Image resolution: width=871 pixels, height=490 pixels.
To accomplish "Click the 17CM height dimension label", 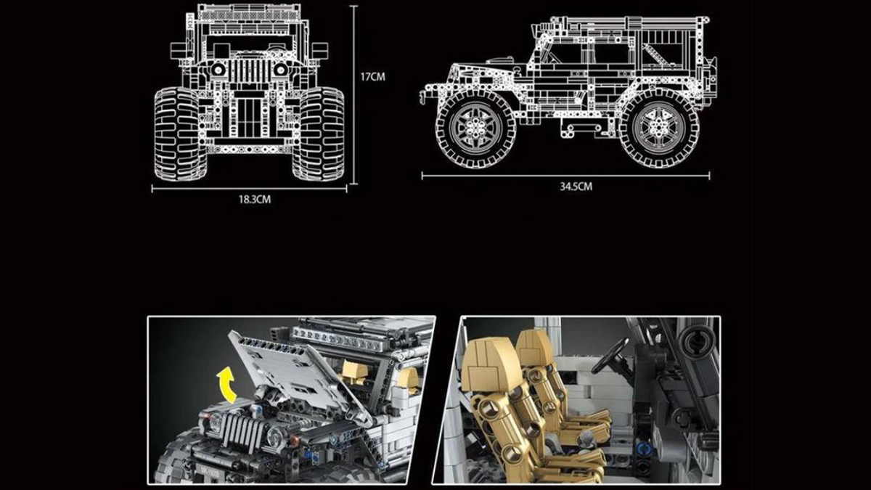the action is click(x=372, y=77).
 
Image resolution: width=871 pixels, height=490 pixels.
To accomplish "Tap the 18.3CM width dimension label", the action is click(x=255, y=200).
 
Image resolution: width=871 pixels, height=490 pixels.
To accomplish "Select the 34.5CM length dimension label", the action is click(x=576, y=187).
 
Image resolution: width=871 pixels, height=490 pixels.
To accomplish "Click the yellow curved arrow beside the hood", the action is click(x=226, y=385).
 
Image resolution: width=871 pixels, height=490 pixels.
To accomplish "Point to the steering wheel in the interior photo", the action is click(x=610, y=356).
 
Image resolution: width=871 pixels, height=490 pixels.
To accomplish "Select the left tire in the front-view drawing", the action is click(x=180, y=134).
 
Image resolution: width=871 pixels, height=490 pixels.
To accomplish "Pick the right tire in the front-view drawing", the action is click(x=319, y=134).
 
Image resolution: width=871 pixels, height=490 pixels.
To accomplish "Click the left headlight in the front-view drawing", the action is click(x=218, y=70).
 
